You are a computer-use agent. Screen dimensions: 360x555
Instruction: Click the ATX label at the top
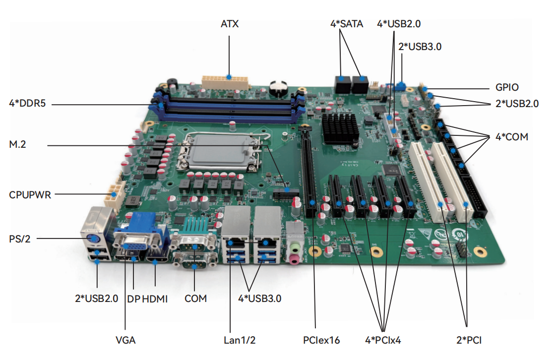pyautogui.click(x=230, y=24)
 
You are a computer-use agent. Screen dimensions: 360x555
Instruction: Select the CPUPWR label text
pyautogui.click(x=30, y=195)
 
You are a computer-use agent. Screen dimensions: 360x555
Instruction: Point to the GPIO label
pyautogui.click(x=506, y=88)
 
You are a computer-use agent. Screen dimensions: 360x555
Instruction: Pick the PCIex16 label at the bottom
pyautogui.click(x=321, y=340)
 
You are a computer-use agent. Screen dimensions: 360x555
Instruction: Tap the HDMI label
pyautogui.click(x=155, y=299)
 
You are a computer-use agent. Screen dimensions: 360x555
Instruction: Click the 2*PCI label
pyautogui.click(x=469, y=340)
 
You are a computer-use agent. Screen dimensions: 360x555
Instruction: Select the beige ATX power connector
pyautogui.click(x=225, y=81)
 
